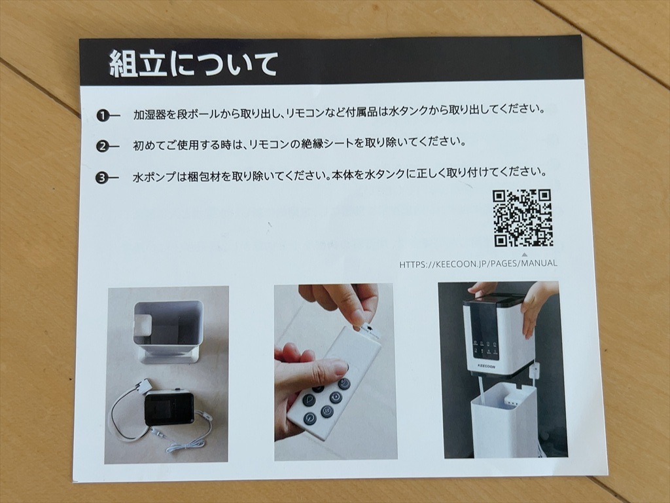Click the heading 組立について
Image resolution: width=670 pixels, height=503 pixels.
(x=193, y=64)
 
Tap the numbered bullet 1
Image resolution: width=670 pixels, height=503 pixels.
(x=103, y=115)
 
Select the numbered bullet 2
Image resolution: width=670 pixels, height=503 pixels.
(x=103, y=147)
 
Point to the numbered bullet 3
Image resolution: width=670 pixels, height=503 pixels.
(x=101, y=178)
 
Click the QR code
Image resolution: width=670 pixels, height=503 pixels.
(x=522, y=218)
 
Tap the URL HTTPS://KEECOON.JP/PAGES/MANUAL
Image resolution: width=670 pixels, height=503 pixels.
(x=478, y=263)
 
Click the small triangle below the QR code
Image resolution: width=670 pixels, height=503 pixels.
(x=524, y=255)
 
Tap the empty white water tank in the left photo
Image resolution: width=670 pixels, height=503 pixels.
(x=168, y=331)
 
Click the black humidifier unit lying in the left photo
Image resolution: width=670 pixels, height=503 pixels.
(x=169, y=408)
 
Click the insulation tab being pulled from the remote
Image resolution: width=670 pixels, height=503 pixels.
(x=368, y=330)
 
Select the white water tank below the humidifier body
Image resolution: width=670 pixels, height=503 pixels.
(x=504, y=420)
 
